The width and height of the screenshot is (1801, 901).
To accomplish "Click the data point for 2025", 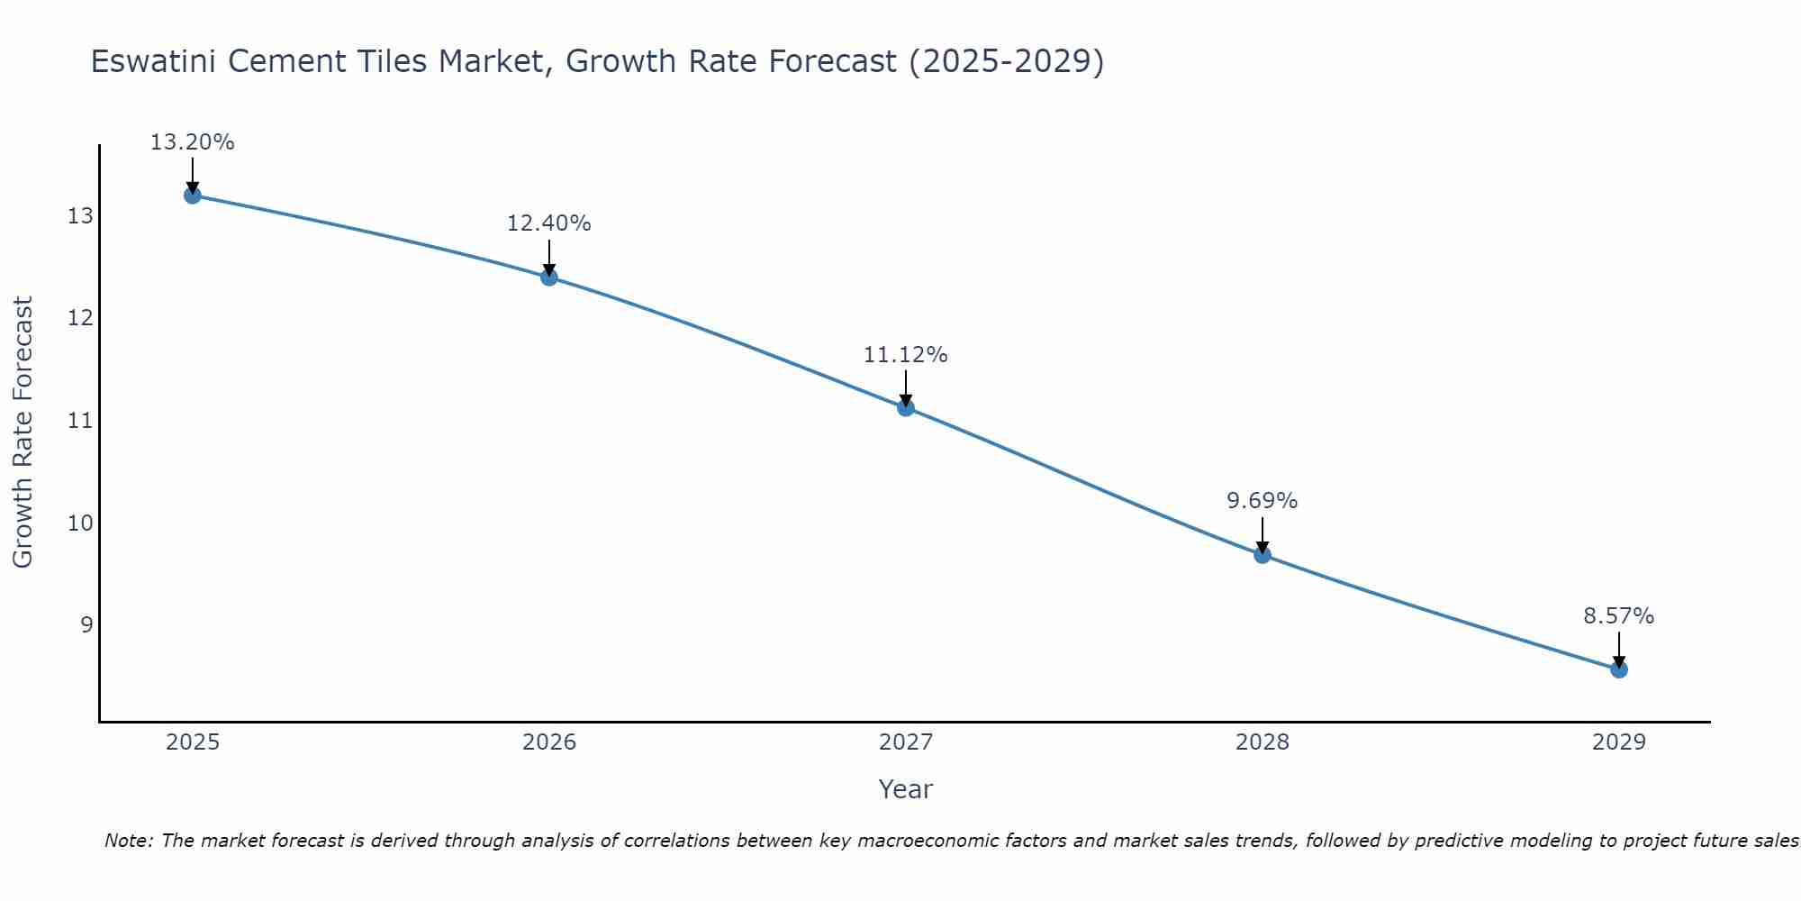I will point(192,196).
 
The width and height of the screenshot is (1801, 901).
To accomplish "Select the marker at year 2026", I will point(549,277).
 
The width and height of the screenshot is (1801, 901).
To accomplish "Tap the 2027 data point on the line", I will point(906,407).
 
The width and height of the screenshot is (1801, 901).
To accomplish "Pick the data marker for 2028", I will point(1263,554).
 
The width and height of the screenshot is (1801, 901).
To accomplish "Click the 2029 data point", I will point(1619,669).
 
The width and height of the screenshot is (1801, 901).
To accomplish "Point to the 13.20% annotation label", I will point(192,142).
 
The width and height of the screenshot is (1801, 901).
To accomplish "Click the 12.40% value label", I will point(548,223).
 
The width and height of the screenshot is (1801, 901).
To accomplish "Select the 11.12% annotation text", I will point(905,355).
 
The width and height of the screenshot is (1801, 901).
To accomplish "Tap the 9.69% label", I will point(1262,501).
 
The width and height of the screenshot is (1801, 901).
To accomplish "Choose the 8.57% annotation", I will point(1618,616).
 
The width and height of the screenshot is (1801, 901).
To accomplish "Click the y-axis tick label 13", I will point(80,216).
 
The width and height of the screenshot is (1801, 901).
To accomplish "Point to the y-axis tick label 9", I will point(86,624).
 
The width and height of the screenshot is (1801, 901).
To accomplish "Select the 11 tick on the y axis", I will point(80,421).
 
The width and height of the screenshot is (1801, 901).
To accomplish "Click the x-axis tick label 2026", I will point(549,742).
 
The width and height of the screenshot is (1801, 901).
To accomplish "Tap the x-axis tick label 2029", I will point(1619,742).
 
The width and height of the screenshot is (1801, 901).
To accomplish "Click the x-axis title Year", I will point(905,789).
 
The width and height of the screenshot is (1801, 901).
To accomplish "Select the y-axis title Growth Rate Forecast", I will point(23,432).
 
